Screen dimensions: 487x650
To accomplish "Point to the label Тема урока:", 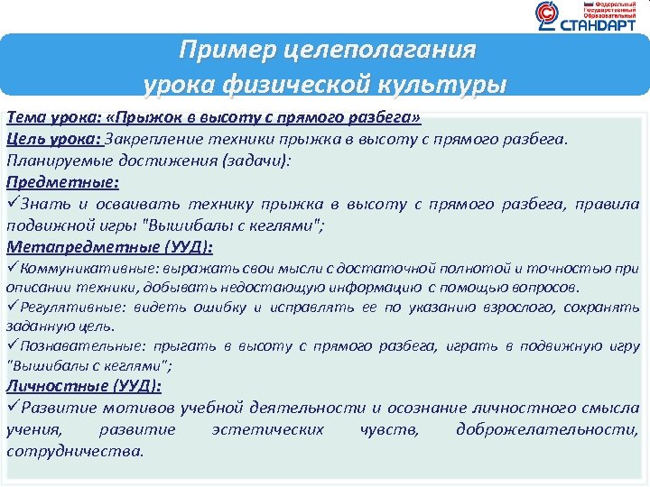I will point(53,119).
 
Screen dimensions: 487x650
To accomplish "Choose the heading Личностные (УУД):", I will point(84,386).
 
